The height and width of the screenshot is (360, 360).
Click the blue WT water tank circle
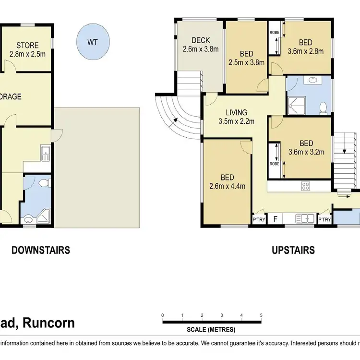click(x=92, y=42)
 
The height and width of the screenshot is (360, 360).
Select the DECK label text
click(x=200, y=40)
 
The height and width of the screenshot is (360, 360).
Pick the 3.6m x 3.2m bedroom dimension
click(x=306, y=153)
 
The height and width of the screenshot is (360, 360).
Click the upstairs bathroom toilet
click(x=323, y=107)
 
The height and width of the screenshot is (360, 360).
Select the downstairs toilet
click(x=43, y=183)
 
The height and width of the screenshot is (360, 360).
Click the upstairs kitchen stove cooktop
click(x=306, y=186)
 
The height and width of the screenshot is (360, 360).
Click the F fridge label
click(x=275, y=219)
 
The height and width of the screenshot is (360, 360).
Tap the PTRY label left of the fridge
click(x=258, y=220)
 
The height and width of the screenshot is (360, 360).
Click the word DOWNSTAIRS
click(x=41, y=250)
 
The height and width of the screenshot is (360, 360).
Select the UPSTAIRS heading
click(x=293, y=250)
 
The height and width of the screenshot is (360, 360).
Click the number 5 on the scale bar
click(x=261, y=315)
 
